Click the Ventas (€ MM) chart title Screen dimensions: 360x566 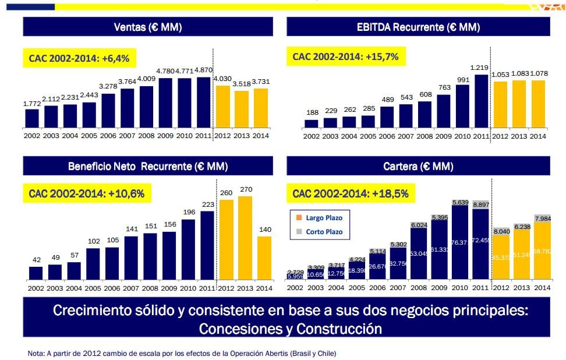pyautogui.click(x=148, y=27)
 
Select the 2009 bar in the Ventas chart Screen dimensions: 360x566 pyautogui.click(x=165, y=103)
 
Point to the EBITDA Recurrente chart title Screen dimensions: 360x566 pyautogui.click(x=418, y=27)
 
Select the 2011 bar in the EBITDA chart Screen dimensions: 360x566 pyautogui.click(x=482, y=101)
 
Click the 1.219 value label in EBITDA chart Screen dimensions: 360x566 pyautogui.click(x=480, y=68)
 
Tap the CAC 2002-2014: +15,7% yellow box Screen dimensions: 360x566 pyautogui.click(x=346, y=57)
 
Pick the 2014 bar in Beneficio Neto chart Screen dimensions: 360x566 pyautogui.click(x=264, y=257)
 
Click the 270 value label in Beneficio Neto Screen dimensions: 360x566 pyautogui.click(x=245, y=189)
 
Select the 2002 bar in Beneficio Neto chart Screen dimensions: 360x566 pyautogui.click(x=36, y=273)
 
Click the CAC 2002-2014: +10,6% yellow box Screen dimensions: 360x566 pyautogui.click(x=87, y=193)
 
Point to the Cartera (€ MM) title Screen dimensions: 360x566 pyautogui.click(x=418, y=167)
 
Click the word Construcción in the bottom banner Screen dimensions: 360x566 pyautogui.click(x=339, y=329)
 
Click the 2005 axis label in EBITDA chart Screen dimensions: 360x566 pyautogui.click(x=368, y=136)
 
